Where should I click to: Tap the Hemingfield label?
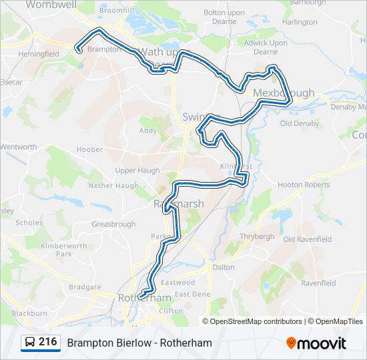39,53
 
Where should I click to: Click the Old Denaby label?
296,123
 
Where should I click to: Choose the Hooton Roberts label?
304,185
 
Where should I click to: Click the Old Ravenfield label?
308,239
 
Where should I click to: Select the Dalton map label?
224,267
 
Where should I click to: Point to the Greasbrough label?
113,224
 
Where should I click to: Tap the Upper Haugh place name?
137,170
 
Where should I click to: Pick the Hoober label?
89,150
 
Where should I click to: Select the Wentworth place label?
18,147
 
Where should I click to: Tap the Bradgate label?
85,287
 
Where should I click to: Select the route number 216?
47,342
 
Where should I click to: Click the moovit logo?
316,343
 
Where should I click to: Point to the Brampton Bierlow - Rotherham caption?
139,343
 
